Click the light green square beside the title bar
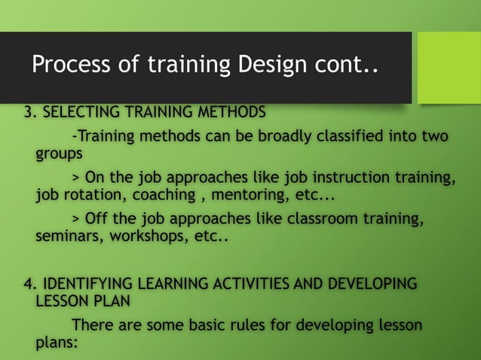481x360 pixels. point(449,67)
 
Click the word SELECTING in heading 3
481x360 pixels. point(84,113)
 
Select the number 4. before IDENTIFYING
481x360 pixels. point(30,285)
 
